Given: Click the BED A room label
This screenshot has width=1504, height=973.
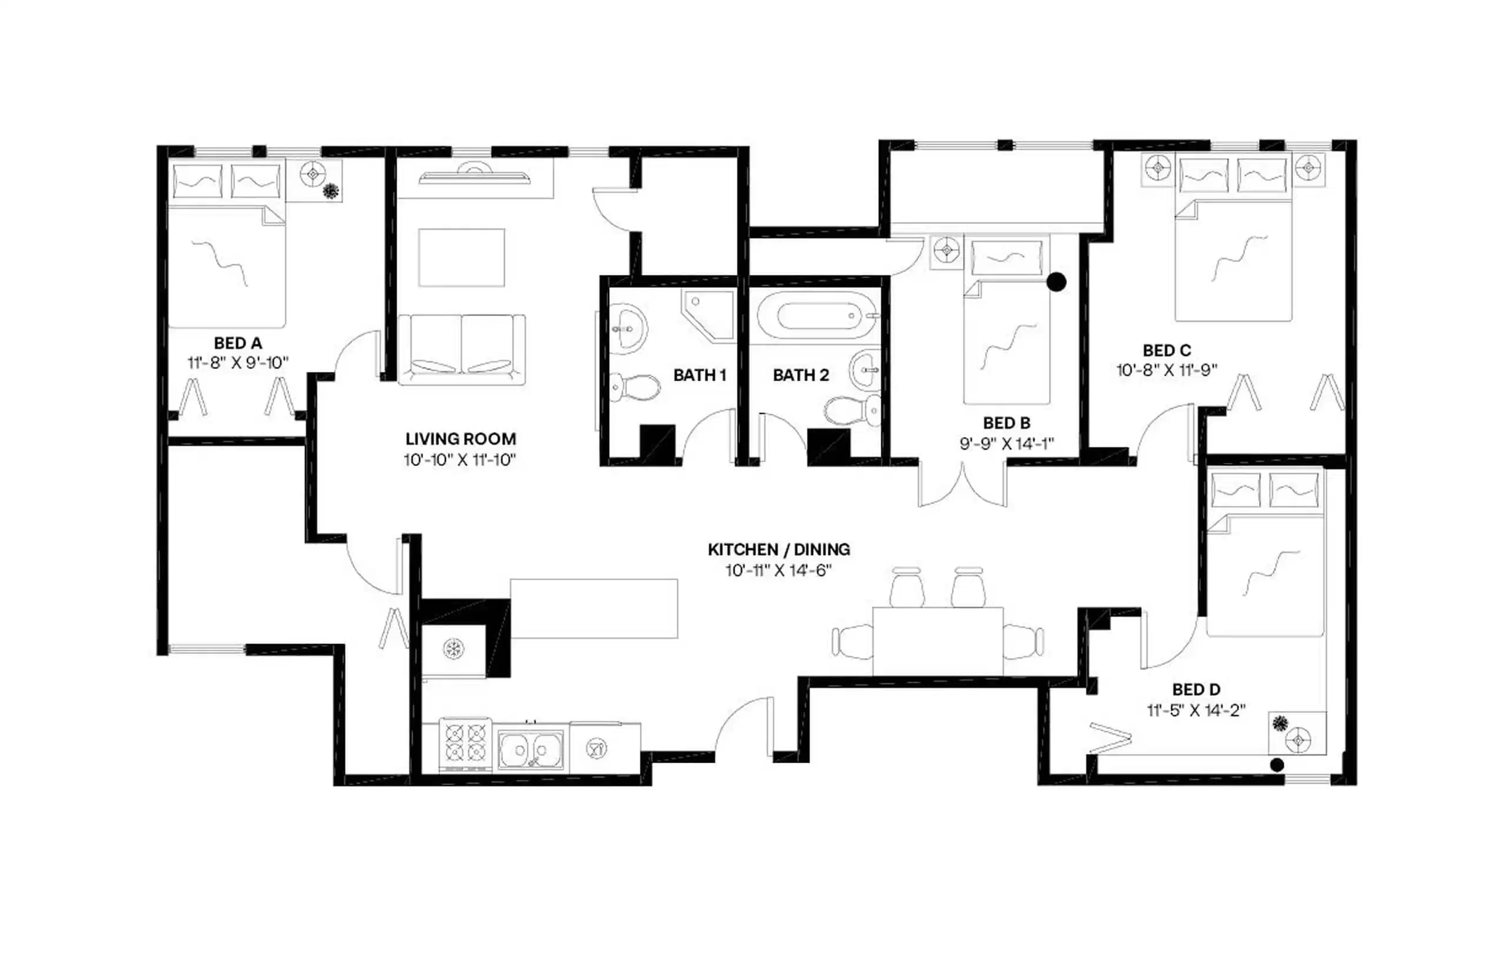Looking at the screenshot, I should [x=237, y=343].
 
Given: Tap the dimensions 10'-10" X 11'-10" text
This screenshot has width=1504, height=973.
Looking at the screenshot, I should [x=460, y=460].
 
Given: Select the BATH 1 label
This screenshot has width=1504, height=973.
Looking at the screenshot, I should [x=699, y=375].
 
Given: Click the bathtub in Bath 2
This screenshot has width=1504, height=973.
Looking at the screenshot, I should [x=817, y=316].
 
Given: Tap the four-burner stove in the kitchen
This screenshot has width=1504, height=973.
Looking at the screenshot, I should [x=465, y=743].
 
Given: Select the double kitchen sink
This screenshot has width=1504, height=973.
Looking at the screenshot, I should [x=530, y=750].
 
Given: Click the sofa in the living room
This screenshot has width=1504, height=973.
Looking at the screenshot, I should [x=461, y=349].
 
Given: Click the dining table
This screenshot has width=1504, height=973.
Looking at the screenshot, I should [x=938, y=640].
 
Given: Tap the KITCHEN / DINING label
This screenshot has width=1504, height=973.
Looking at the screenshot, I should [x=778, y=550].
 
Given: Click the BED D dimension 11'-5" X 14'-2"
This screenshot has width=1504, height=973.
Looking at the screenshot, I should [x=1196, y=711].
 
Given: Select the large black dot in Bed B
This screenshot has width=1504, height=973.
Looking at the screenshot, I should [x=1056, y=282].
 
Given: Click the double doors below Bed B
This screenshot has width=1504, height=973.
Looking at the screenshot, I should [x=962, y=485].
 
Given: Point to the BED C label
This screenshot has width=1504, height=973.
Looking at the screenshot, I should [x=1167, y=350].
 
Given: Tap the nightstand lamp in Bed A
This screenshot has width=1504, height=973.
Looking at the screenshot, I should [x=313, y=174].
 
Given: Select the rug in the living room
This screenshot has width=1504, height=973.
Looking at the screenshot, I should [x=461, y=258].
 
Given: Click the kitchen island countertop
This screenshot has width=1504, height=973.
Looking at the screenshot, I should [x=593, y=609].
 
